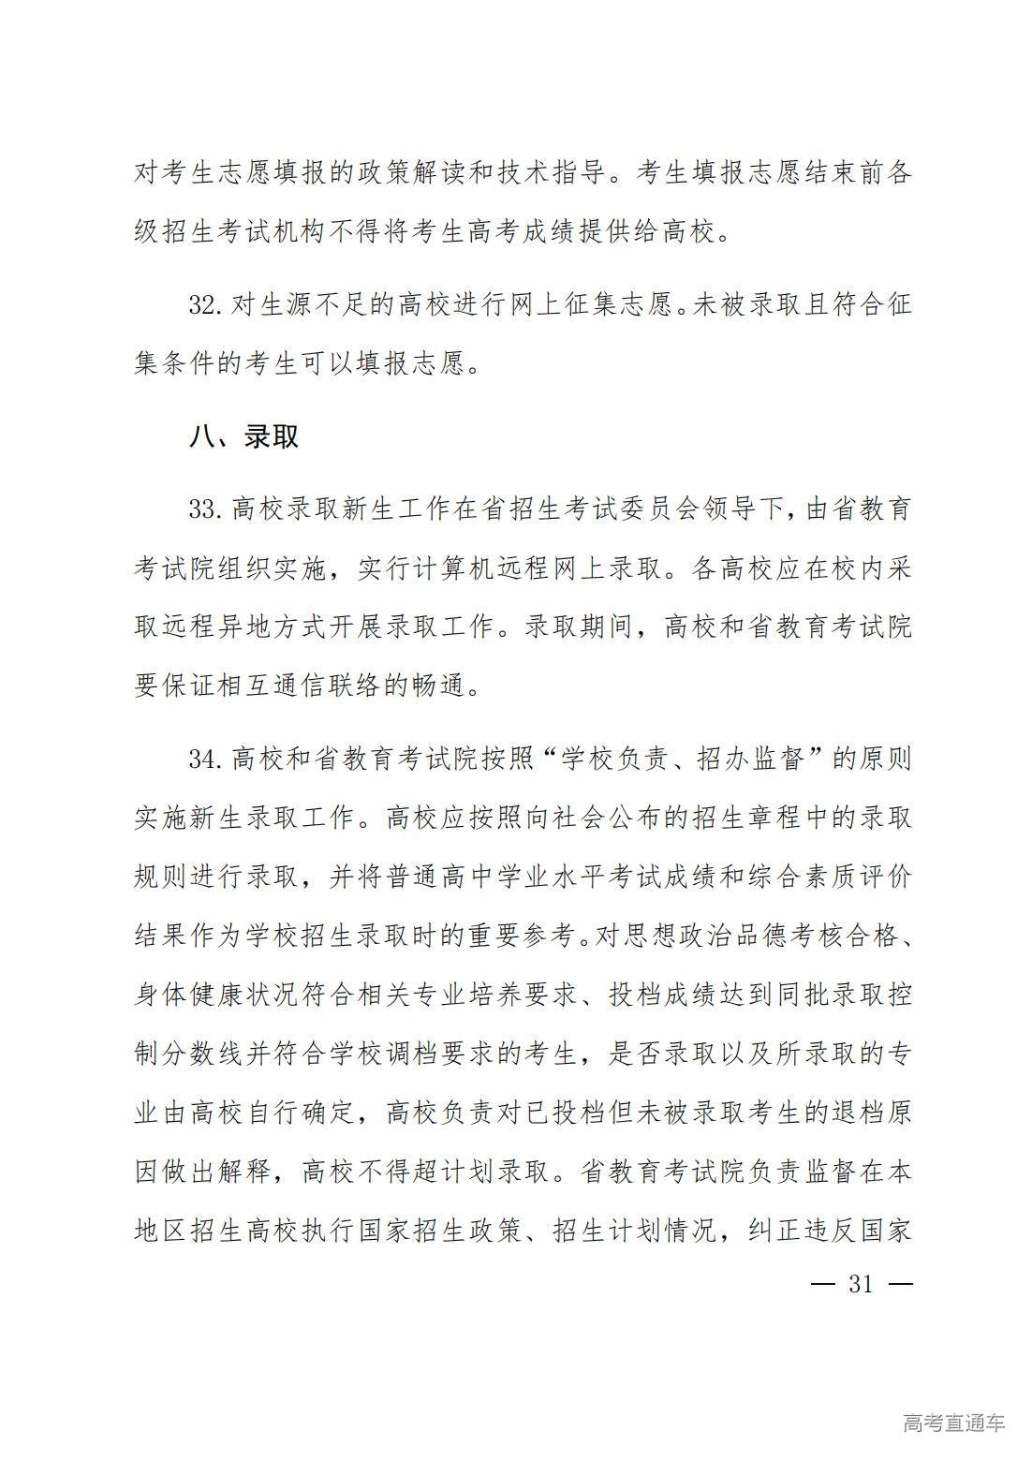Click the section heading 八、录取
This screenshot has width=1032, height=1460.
(x=243, y=435)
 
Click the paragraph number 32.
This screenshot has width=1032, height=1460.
(x=203, y=305)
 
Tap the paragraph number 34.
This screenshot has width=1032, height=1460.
(x=203, y=759)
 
